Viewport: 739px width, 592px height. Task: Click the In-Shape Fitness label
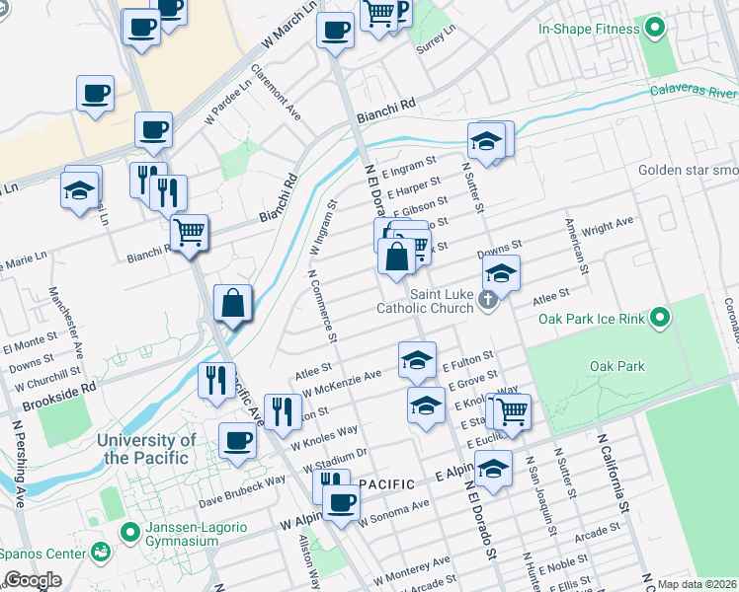pos(589,29)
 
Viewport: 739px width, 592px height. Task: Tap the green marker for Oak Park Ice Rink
pos(660,319)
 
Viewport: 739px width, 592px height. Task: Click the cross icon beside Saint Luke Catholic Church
pos(488,299)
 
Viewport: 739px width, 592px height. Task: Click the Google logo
pos(33,580)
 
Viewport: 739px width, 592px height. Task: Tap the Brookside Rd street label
pos(47,388)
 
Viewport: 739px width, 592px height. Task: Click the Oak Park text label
pos(616,366)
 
